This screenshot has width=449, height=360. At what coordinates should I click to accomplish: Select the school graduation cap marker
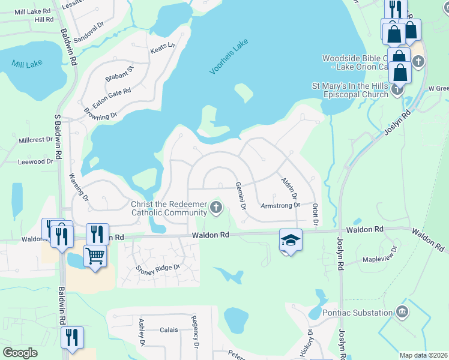point(291,240)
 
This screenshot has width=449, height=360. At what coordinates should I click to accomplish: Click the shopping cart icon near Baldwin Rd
point(95,256)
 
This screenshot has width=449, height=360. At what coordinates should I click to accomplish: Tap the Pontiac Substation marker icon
point(402,312)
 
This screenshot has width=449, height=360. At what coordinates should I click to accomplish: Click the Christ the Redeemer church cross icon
point(216,208)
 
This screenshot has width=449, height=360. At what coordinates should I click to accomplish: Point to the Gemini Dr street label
point(240,196)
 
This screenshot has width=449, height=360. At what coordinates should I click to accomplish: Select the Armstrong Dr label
point(280,205)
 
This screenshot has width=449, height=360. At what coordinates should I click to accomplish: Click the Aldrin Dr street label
point(289,188)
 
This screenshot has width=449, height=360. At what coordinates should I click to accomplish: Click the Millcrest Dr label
point(35,140)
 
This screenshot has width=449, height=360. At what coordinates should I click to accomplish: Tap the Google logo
point(20,352)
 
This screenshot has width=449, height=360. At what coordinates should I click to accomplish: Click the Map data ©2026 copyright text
point(423,355)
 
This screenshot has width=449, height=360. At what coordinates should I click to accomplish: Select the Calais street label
point(169,329)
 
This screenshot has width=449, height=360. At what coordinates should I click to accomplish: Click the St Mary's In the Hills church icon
point(397,90)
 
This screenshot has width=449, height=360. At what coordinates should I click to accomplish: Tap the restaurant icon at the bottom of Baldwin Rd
point(71,337)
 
